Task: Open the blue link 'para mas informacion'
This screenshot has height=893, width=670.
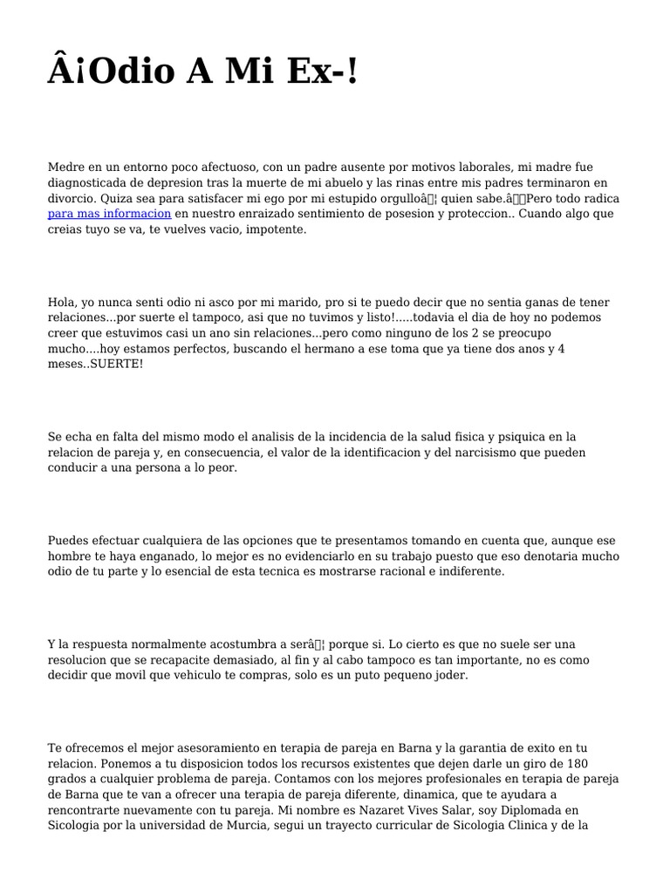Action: point(109,214)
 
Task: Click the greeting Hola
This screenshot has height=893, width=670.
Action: point(62,302)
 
